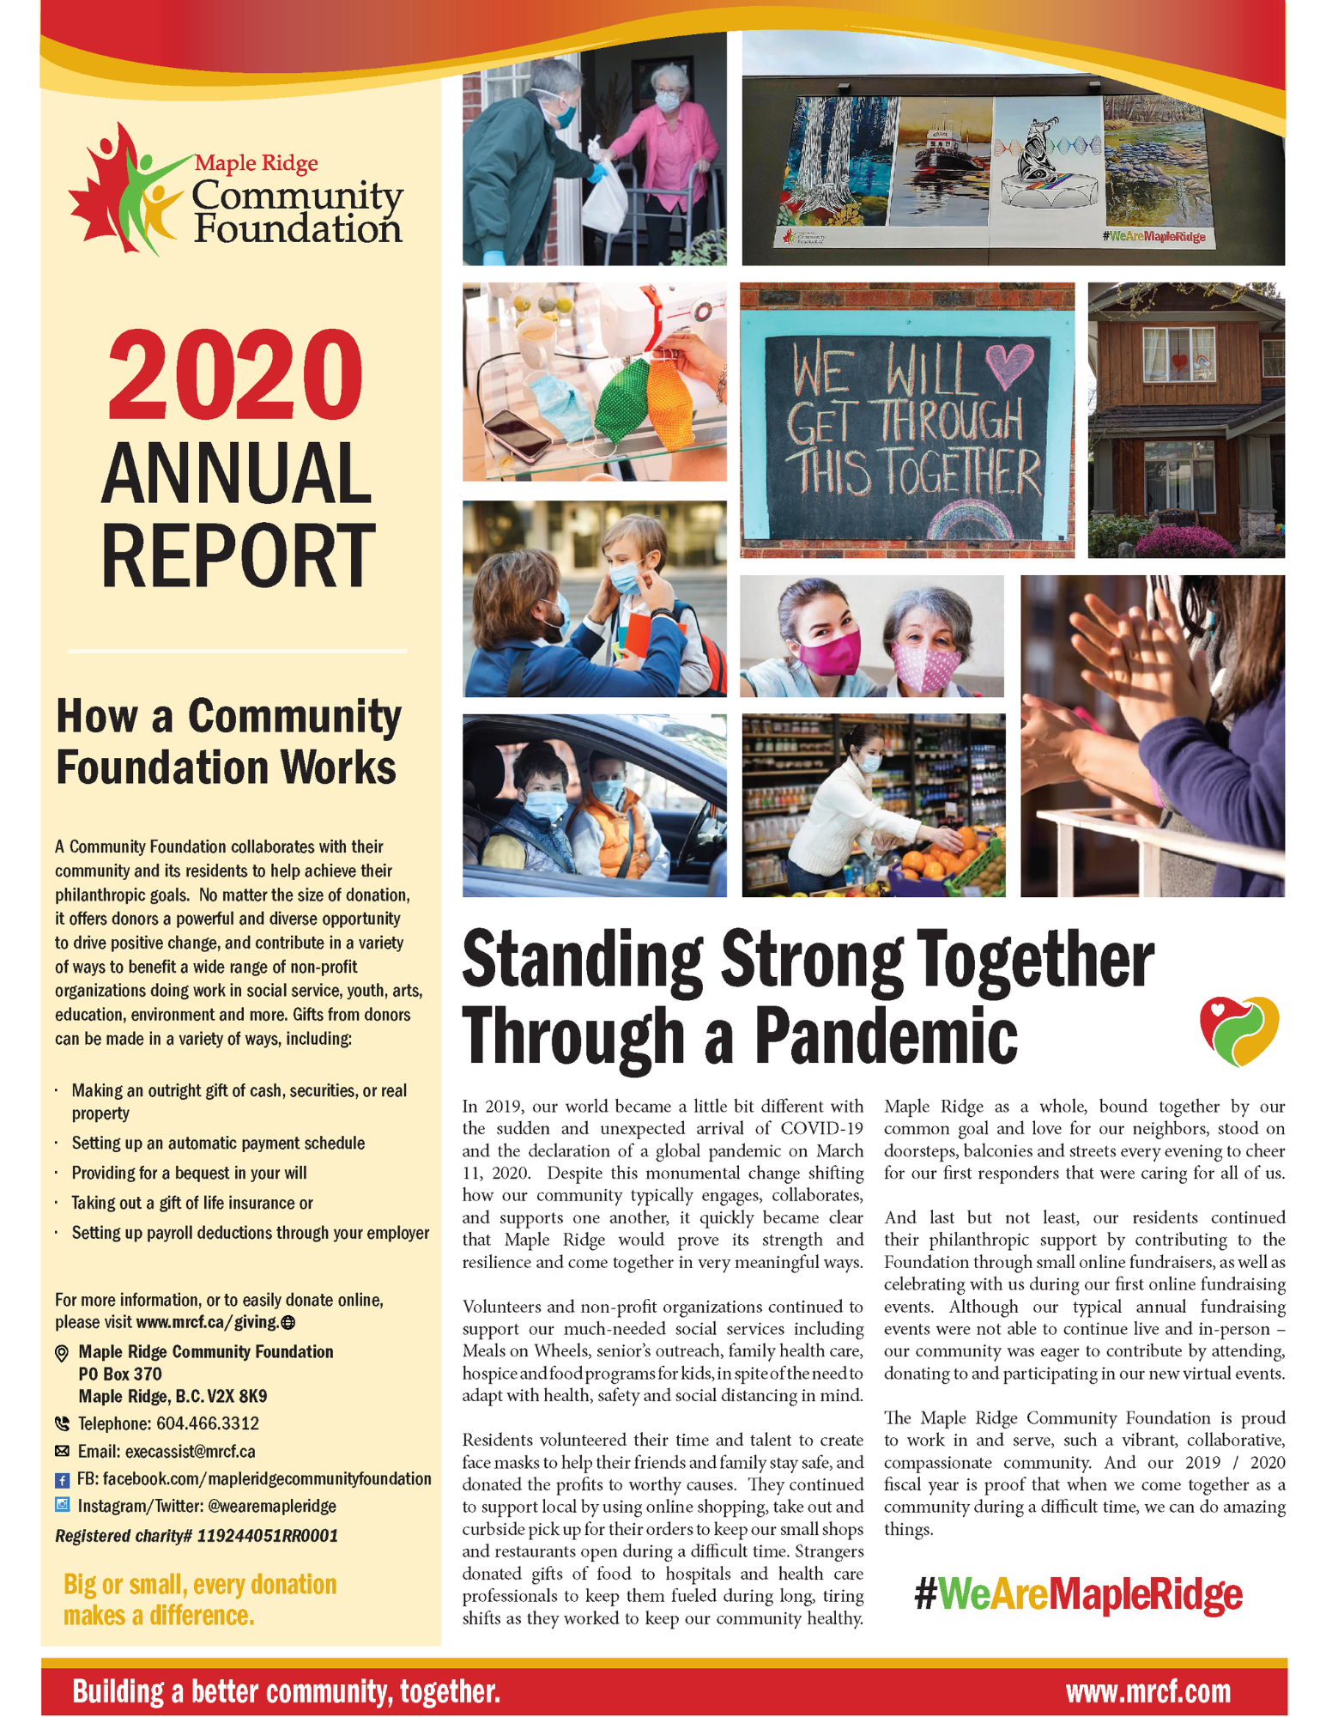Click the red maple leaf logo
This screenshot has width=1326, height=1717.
click(103, 193)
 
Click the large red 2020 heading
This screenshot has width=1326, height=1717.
click(235, 375)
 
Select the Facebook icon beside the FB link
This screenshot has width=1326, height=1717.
click(62, 1480)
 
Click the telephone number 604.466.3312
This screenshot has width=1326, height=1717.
click(207, 1423)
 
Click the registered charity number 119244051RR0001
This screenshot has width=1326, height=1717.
click(267, 1535)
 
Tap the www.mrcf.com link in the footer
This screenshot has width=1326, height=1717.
click(1147, 1691)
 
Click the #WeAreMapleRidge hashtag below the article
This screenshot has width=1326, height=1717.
click(1078, 1594)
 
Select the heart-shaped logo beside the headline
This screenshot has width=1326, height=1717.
click(1238, 1030)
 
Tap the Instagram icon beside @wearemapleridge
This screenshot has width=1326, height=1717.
click(62, 1504)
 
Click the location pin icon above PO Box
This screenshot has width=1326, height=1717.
click(62, 1353)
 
